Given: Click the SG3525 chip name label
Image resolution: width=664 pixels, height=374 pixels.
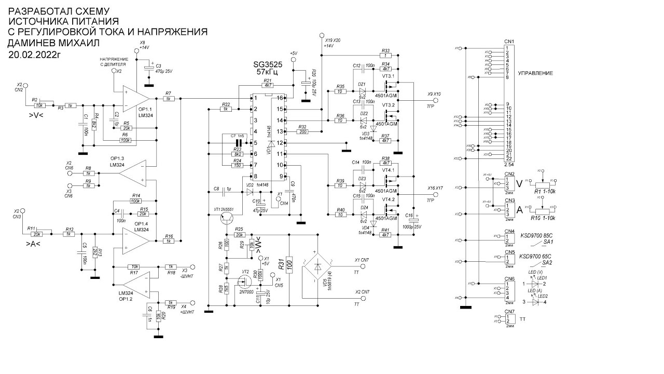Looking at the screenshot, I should (269, 64).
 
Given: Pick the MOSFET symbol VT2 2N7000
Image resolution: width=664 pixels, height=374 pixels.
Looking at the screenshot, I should (243, 283).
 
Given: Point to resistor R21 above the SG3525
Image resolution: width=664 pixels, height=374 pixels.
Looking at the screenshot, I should (268, 85).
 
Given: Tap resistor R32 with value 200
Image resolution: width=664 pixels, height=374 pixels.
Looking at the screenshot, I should (302, 132).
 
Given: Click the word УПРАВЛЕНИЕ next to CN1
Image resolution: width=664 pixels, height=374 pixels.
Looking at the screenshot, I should (534, 74).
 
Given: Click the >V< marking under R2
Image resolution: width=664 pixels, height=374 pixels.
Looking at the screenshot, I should (37, 115).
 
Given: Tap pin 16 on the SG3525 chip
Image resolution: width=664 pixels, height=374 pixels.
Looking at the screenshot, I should (280, 98).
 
